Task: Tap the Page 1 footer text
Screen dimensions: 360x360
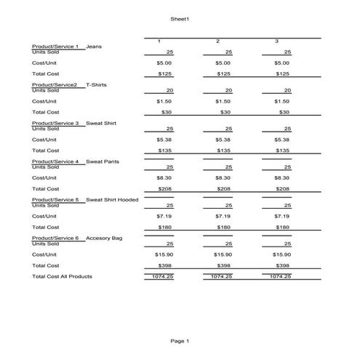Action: click(x=180, y=340)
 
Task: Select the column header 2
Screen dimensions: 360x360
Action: click(x=217, y=41)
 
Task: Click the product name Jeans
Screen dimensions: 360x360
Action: click(x=94, y=47)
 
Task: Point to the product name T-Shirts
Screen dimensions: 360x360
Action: click(x=96, y=85)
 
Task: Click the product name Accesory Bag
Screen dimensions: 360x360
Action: click(x=104, y=239)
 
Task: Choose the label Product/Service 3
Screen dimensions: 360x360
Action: click(x=55, y=124)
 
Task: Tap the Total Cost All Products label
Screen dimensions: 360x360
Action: click(x=62, y=276)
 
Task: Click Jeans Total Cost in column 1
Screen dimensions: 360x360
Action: click(x=165, y=73)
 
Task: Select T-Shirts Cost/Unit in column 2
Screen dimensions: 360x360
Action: click(x=223, y=101)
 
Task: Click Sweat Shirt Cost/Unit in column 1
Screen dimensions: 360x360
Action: click(x=164, y=140)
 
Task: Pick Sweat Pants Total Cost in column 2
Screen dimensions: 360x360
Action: click(x=223, y=188)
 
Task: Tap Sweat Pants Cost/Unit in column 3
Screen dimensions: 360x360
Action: click(x=281, y=177)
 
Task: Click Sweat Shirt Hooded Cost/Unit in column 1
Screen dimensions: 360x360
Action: click(x=164, y=216)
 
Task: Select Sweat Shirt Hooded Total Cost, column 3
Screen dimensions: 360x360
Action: click(x=282, y=227)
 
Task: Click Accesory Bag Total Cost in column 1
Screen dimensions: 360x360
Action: click(x=164, y=265)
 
